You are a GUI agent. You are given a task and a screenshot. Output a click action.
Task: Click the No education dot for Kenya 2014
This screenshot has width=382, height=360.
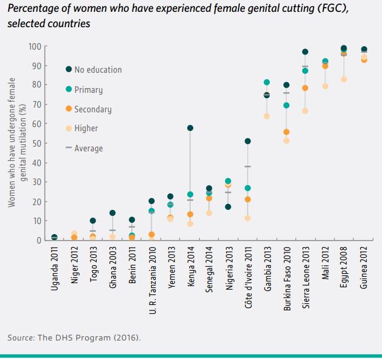[190, 128]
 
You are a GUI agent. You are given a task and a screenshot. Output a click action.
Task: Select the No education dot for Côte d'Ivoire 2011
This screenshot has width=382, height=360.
[247, 141]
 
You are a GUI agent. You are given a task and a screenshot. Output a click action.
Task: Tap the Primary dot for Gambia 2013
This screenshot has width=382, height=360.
[267, 83]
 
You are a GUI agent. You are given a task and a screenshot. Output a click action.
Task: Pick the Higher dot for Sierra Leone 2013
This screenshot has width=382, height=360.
[305, 111]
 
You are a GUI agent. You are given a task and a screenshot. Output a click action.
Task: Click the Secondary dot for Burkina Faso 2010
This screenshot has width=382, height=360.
[286, 132]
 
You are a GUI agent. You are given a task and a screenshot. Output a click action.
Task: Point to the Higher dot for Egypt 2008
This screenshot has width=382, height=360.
[344, 79]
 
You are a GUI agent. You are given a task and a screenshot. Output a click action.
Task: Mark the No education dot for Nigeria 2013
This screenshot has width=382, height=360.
[228, 207]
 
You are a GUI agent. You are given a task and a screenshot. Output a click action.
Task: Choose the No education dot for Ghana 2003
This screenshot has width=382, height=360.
[112, 213]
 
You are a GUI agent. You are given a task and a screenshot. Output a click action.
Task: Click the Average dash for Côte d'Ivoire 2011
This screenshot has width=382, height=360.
[247, 167]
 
